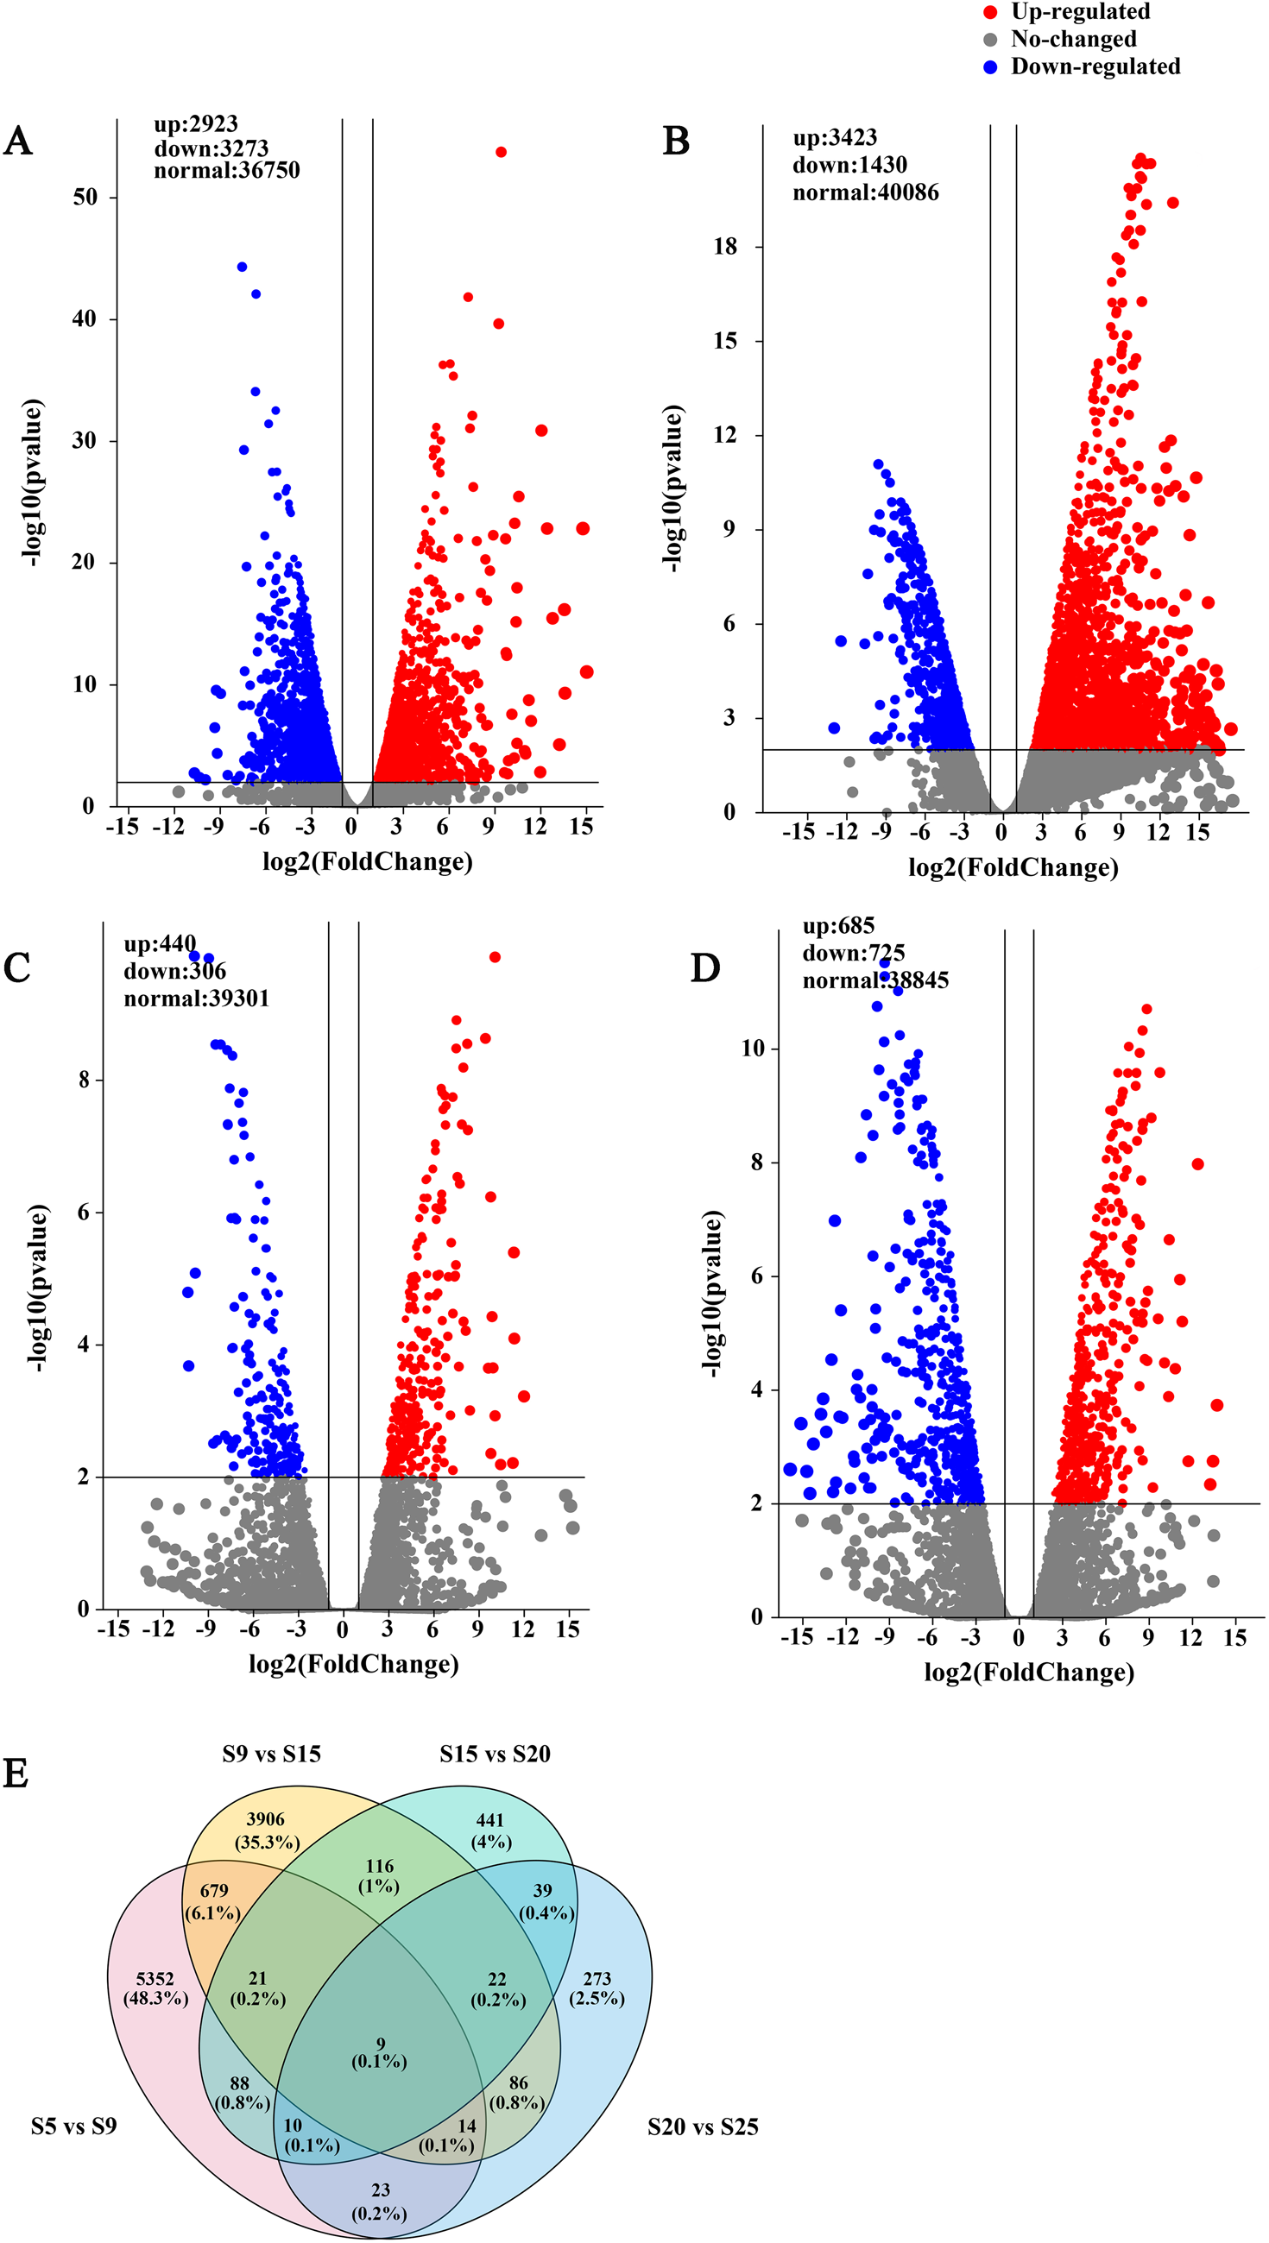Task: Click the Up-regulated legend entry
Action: [x=1079, y=12]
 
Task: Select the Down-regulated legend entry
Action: [x=1094, y=67]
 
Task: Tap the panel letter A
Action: [x=17, y=142]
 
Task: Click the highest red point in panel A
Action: [x=502, y=153]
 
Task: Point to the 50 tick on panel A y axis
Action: [x=85, y=198]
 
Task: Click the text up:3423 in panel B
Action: [x=834, y=137]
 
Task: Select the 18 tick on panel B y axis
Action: [x=725, y=248]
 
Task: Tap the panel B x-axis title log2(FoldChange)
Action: [x=1013, y=867]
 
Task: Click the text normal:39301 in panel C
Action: [x=196, y=999]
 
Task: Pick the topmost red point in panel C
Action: [x=495, y=957]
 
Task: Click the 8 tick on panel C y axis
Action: [x=85, y=1081]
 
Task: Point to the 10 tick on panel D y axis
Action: [x=752, y=1049]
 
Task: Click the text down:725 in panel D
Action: [x=853, y=954]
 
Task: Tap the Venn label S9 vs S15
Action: [x=271, y=1755]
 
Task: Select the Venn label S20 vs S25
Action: [x=703, y=2127]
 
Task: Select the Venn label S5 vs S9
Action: [x=74, y=2127]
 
